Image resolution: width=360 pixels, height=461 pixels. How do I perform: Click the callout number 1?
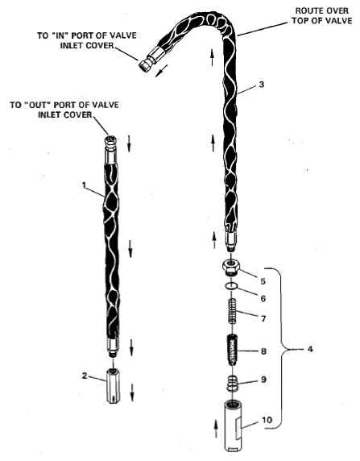[x=84, y=185]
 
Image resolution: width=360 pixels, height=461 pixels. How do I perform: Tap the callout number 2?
[x=85, y=376]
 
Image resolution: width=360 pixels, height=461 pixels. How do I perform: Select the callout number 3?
[x=261, y=85]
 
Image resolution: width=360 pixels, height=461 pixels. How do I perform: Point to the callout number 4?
[x=310, y=349]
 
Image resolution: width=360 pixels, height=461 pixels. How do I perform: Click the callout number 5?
[x=263, y=281]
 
